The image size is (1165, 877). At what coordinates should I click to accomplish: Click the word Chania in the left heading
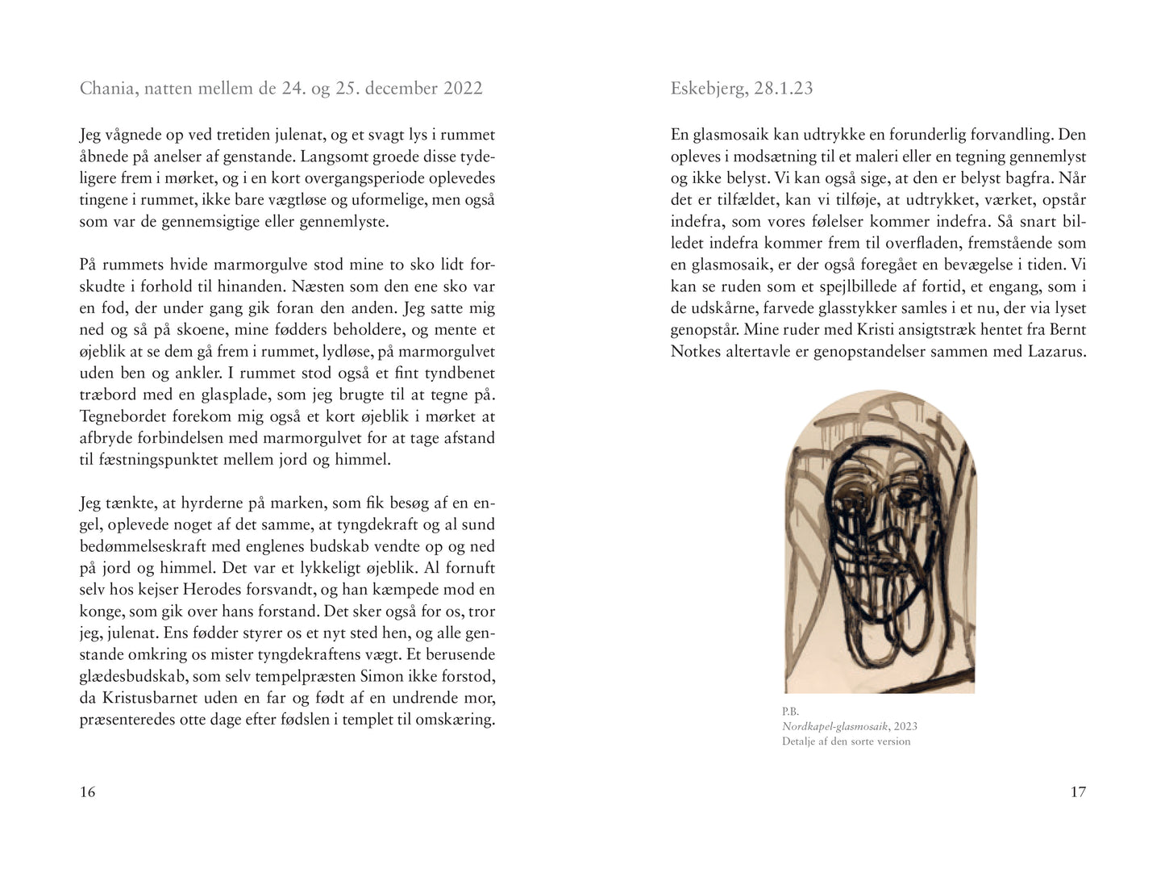coord(107,89)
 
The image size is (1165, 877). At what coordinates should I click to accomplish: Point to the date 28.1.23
coord(783,89)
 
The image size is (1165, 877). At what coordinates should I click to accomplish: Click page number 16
coord(88,792)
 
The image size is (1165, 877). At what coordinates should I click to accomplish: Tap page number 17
coord(1078,792)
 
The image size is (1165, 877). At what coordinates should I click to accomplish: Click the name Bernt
coord(1067,329)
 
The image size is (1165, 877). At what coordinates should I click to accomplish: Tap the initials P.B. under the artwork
coord(790,712)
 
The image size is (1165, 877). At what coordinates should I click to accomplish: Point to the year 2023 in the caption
coord(905,726)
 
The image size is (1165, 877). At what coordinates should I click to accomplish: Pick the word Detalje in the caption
coord(800,741)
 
